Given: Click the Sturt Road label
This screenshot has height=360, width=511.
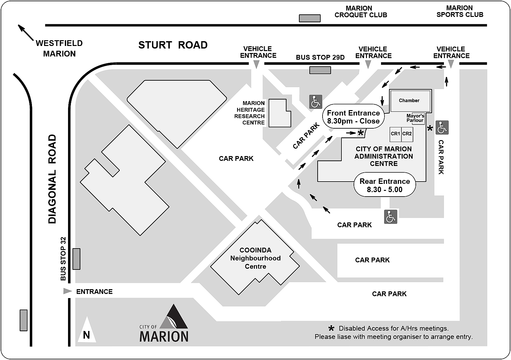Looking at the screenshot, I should tap(173, 45).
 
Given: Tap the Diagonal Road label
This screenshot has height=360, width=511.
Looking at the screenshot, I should tap(52, 179).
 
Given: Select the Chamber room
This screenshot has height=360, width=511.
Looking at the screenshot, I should tap(409, 101).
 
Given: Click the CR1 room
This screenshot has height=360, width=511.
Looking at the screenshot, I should tap(395, 134).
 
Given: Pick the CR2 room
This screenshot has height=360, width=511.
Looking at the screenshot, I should tap(407, 134).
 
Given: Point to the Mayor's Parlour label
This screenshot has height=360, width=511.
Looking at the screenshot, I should tap(415, 118).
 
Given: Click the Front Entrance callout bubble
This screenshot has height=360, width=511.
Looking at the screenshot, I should tap(353, 117).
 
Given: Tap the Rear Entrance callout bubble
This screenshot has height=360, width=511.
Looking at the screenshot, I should tap(385, 185).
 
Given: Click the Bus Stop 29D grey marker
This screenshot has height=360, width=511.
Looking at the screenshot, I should tap(320, 70).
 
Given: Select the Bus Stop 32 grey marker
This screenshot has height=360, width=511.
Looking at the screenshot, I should tap(76, 259).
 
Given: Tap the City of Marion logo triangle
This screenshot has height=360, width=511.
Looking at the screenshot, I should tap(174, 318).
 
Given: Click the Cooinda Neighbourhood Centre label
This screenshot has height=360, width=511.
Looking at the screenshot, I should tap(256, 258).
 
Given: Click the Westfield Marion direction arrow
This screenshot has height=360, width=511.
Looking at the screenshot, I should tap(26, 33).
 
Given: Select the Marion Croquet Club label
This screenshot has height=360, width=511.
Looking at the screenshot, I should tap(361, 11).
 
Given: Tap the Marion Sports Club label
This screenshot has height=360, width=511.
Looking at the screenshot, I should tap(460, 11).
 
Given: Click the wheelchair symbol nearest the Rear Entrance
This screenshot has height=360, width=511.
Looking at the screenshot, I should tap(391, 217).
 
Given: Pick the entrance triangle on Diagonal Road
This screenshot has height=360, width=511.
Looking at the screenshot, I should tap(67, 291).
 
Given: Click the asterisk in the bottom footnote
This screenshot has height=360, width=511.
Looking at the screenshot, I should tap(332, 328).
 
